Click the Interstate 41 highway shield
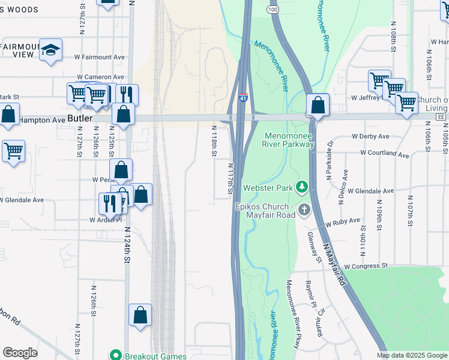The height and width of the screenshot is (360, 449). click(x=243, y=97)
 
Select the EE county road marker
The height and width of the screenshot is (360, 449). click(x=441, y=117)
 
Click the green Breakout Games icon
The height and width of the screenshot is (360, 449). click(x=116, y=355)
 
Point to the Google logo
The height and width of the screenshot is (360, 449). click(x=20, y=353)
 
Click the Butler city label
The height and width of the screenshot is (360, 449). click(x=80, y=119)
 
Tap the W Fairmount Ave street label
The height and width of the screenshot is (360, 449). click(x=99, y=58)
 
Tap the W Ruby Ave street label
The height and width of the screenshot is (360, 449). click(x=343, y=223)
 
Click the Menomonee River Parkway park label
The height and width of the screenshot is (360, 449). click(x=289, y=139)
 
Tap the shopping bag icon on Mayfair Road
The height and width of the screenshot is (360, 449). click(x=318, y=106)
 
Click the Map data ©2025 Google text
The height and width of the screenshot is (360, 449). click(x=411, y=355)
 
